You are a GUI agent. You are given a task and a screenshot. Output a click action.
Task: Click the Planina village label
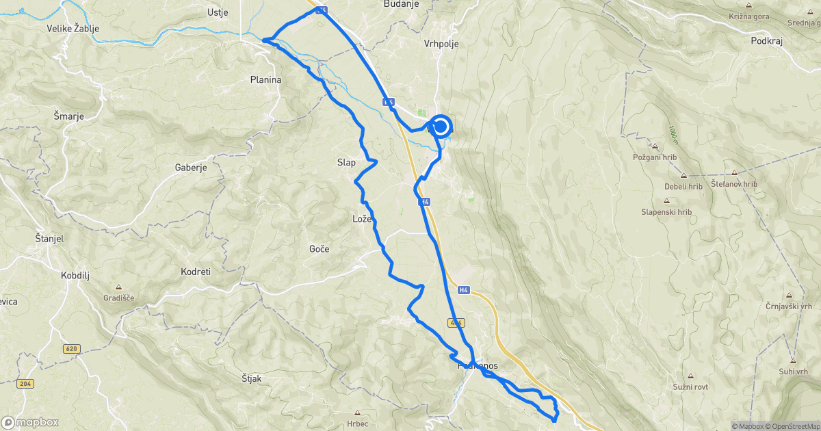[265, 79]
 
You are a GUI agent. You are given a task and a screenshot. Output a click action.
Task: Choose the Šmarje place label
[68, 116]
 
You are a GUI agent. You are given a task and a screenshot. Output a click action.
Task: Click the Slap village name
[346, 163]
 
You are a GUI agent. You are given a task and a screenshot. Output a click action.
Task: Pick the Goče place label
[319, 249]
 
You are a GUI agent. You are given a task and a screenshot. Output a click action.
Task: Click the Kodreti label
[196, 272]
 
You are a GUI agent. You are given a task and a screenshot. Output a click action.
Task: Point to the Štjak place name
[252, 378]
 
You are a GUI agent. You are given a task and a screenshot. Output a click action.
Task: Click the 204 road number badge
[26, 384]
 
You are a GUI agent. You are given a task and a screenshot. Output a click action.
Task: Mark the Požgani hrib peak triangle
[655, 146]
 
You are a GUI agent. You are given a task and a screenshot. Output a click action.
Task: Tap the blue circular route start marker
[441, 127]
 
